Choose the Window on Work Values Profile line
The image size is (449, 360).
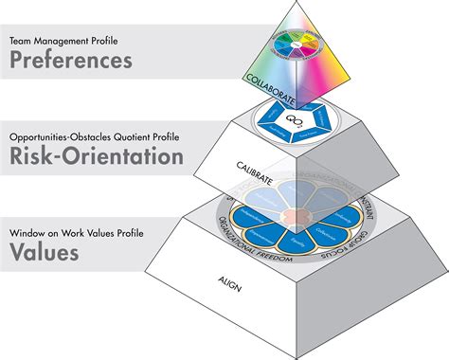click(x=76, y=233)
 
